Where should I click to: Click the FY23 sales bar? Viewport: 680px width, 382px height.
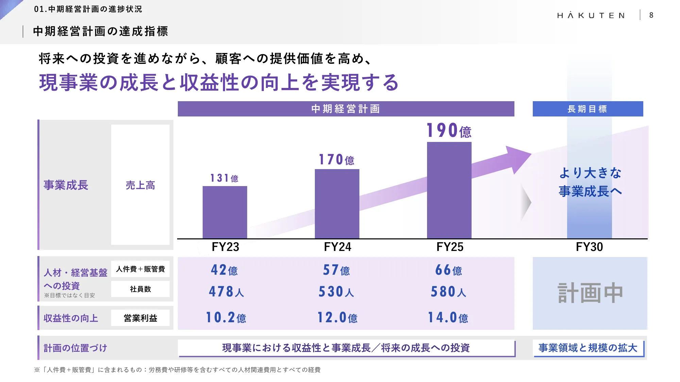tap(225, 212)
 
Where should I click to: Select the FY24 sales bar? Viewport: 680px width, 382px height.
tap(337, 204)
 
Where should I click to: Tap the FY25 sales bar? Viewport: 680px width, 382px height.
tap(449, 190)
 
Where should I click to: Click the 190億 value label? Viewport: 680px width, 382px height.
tap(449, 131)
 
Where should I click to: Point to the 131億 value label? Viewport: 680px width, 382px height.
tap(224, 178)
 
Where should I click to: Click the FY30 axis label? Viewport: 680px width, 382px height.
tap(589, 247)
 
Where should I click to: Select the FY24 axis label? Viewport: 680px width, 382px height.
tap(337, 247)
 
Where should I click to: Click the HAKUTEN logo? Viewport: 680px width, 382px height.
tap(591, 15)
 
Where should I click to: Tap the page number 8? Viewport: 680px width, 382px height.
tap(651, 15)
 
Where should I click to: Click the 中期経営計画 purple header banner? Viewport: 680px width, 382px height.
tap(346, 109)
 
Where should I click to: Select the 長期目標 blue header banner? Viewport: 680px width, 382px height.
tap(588, 109)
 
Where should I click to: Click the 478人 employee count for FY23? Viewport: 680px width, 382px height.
tap(226, 292)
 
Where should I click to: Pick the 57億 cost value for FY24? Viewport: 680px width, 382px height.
tap(336, 270)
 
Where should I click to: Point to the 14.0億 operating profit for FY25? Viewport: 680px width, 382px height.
tap(448, 318)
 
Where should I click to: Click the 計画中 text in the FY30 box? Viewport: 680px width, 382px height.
tap(590, 293)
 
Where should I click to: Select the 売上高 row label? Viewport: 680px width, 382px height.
tap(140, 185)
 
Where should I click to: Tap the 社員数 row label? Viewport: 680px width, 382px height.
tap(140, 289)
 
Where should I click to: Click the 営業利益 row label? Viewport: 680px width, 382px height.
tap(140, 318)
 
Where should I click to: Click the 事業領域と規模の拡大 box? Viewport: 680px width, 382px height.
tap(588, 348)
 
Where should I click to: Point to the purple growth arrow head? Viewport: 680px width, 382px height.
tap(518, 158)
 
